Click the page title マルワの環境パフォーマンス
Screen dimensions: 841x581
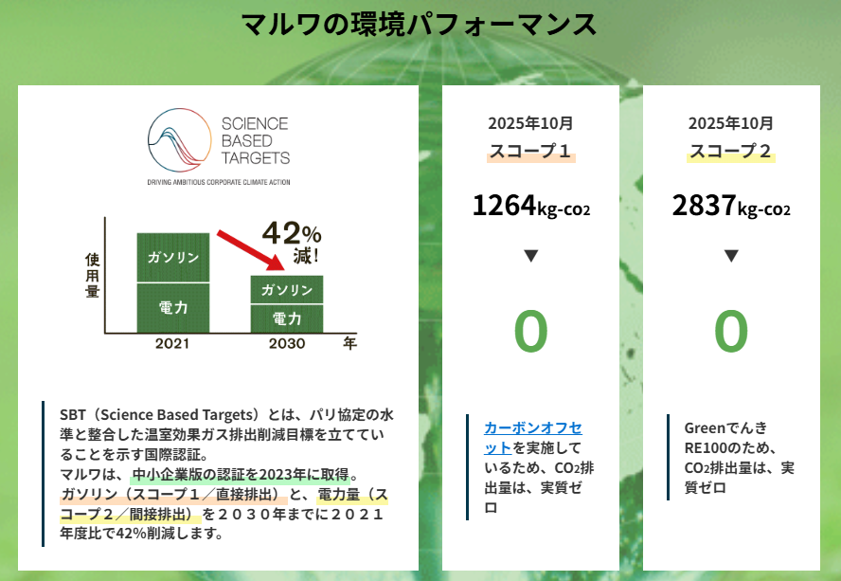click(x=419, y=25)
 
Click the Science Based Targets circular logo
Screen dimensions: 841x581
click(x=180, y=139)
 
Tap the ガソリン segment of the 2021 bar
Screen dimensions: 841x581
click(x=173, y=258)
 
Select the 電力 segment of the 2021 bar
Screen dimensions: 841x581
click(x=173, y=308)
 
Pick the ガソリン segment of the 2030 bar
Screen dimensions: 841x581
click(x=287, y=290)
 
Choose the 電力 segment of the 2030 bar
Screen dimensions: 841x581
click(x=287, y=319)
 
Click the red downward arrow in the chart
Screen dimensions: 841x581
click(x=250, y=251)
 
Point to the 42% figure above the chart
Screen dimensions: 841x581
click(x=292, y=233)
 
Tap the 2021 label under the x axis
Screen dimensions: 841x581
click(x=172, y=344)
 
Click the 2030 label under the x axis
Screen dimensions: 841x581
click(x=287, y=344)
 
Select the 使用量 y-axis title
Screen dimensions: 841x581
click(x=92, y=276)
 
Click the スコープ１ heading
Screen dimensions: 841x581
click(x=531, y=151)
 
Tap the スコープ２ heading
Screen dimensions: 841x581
click(x=731, y=151)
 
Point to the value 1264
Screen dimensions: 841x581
click(x=504, y=205)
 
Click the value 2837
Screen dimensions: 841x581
click(x=705, y=205)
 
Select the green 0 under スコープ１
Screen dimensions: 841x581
click(x=531, y=332)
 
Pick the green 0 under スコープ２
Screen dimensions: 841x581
click(x=731, y=332)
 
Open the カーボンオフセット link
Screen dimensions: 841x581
click(x=532, y=438)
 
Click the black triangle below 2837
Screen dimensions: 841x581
click(x=731, y=256)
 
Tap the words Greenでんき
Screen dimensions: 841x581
click(x=725, y=428)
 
